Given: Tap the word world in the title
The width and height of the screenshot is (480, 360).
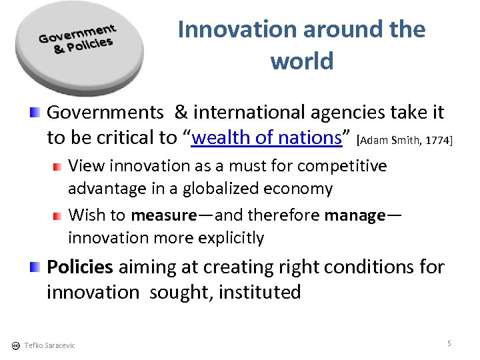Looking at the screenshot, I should [x=301, y=61].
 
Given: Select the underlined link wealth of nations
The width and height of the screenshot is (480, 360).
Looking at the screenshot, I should [x=267, y=137].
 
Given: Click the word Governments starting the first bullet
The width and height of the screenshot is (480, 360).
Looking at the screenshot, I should [x=105, y=112].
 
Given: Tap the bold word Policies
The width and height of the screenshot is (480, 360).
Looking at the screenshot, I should [x=80, y=267].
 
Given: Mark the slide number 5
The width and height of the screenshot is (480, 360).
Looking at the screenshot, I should [x=449, y=343].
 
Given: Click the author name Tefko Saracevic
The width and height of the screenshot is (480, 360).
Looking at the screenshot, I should [x=49, y=345].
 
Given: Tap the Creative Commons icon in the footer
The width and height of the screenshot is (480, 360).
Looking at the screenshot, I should [x=15, y=345].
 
